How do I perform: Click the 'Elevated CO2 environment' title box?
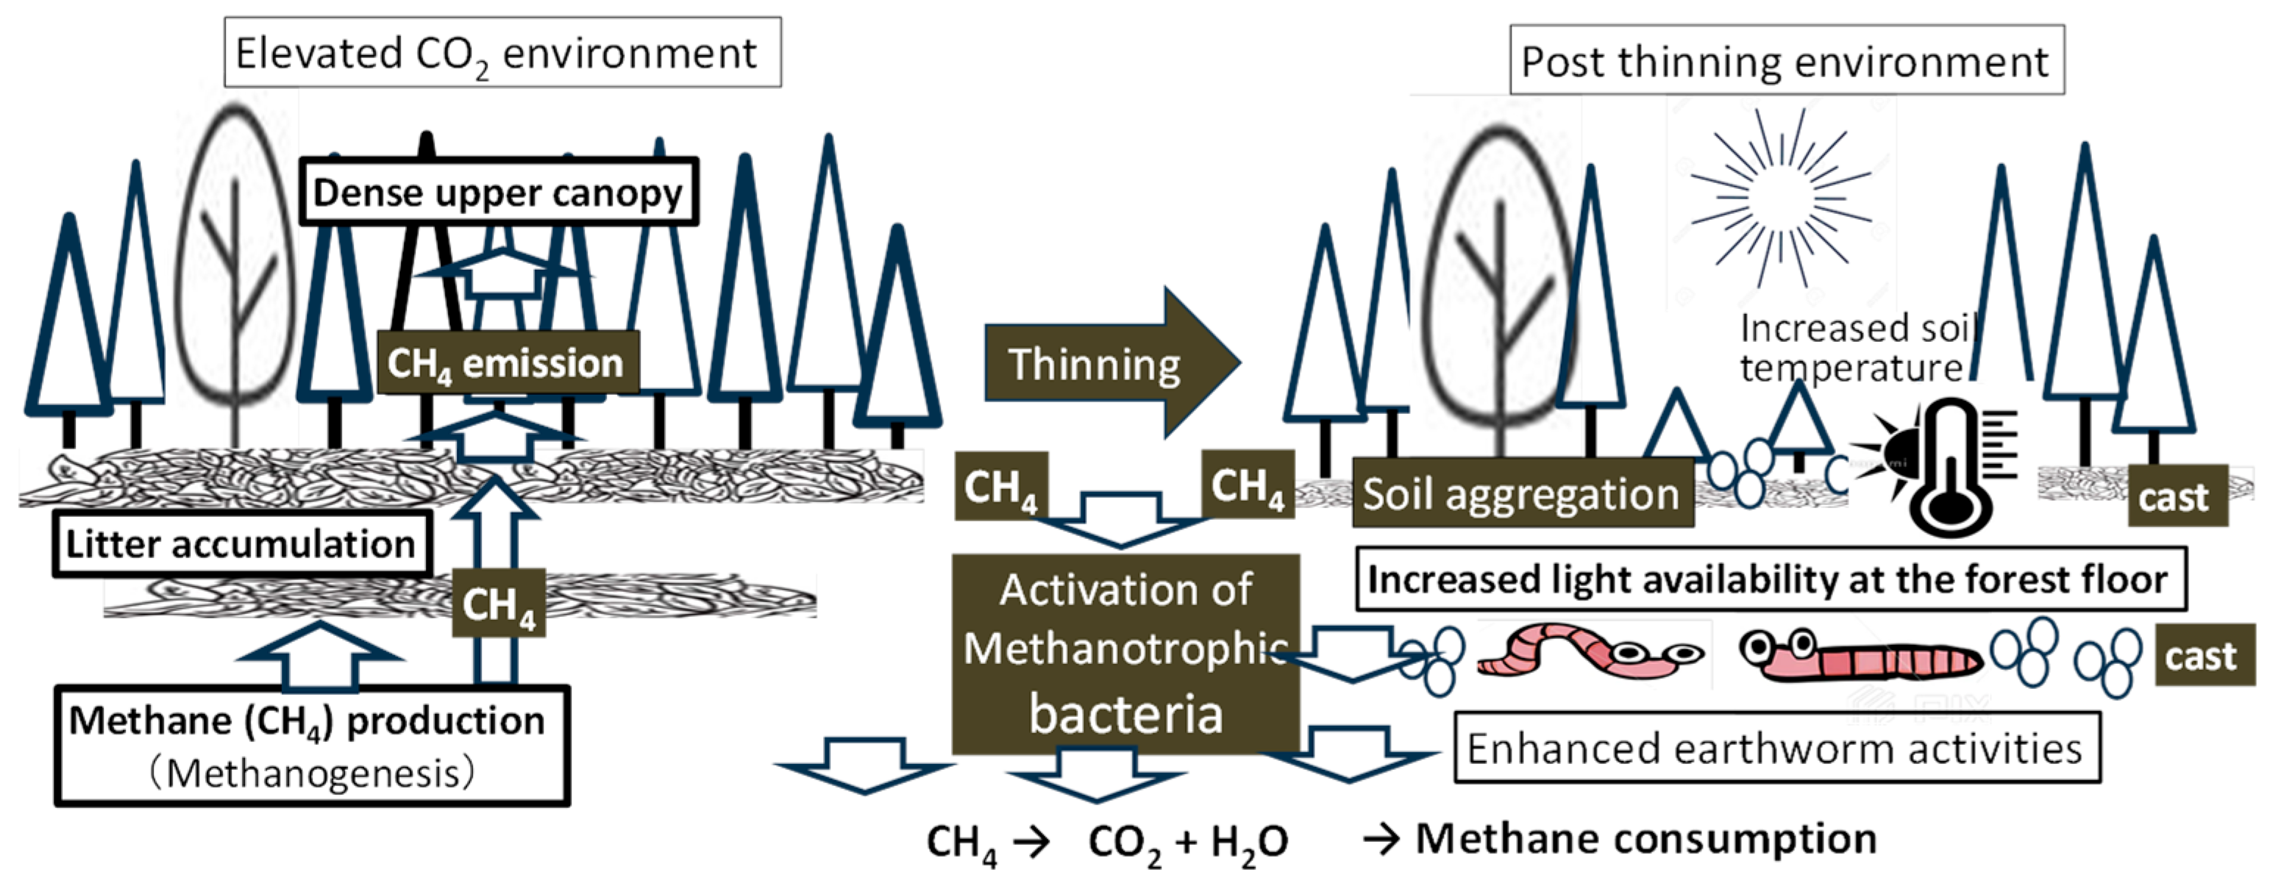502,52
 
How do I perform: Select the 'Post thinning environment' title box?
1787,60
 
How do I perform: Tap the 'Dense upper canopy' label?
499,192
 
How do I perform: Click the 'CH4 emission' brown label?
507,362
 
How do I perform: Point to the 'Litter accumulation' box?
241,543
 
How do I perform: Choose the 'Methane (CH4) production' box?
312,746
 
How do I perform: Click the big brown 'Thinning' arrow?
1112,362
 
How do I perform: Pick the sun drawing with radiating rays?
1780,197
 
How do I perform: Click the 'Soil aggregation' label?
1523,493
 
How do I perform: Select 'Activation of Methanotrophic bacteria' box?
1126,653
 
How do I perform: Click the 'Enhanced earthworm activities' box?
1776,748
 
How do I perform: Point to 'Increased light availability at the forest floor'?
1771,579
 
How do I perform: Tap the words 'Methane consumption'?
1646,838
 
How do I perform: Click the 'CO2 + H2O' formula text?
1188,841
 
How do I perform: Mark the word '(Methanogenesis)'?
312,774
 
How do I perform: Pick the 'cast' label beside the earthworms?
2205,655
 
